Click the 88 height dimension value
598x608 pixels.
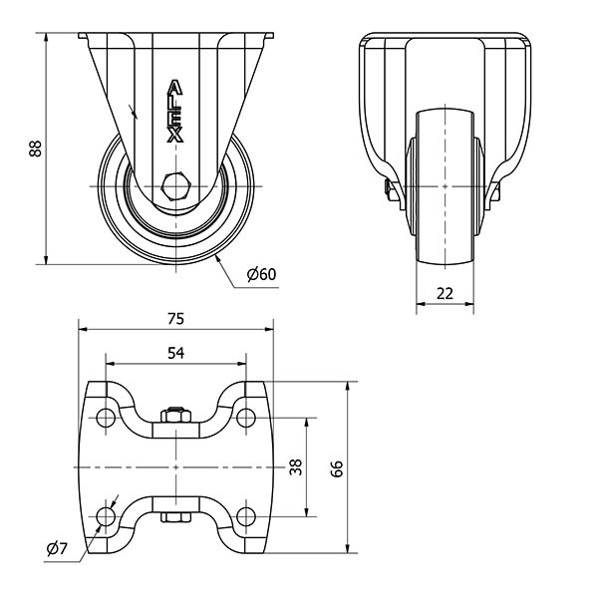(x=35, y=149)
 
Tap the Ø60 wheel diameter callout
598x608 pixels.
(x=259, y=274)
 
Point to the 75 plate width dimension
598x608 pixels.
(x=174, y=319)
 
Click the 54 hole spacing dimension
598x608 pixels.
(x=174, y=353)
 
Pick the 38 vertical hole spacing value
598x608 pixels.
(x=296, y=466)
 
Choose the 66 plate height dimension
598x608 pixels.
(x=337, y=466)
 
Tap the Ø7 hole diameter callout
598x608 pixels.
(x=56, y=547)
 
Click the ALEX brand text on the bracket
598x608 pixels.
(x=175, y=112)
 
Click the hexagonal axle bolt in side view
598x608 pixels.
(x=175, y=186)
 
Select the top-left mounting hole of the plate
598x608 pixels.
(x=105, y=416)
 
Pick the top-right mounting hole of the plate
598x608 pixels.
(x=245, y=416)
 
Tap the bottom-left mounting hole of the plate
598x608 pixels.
(x=105, y=516)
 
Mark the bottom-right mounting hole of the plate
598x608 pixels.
(x=245, y=516)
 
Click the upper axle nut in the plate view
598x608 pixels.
(x=175, y=414)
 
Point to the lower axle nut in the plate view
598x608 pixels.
(x=175, y=518)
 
